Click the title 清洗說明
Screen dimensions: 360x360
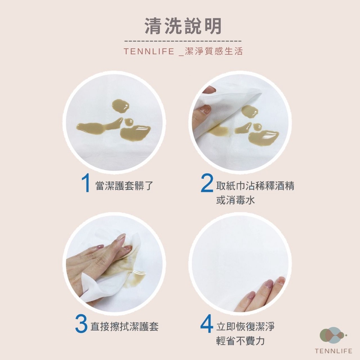pyautogui.click(x=183, y=26)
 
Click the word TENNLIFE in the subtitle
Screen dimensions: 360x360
pyautogui.click(x=149, y=51)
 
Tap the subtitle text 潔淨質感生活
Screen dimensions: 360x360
pyautogui.click(x=214, y=51)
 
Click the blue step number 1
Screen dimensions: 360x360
pyautogui.click(x=86, y=183)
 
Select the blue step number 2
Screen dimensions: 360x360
pyautogui.click(x=207, y=183)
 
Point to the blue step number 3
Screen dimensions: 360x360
pyautogui.click(x=81, y=324)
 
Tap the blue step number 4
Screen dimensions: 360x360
pyautogui.click(x=207, y=323)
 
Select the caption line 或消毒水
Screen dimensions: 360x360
pyautogui.click(x=235, y=200)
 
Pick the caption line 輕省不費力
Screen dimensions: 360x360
pyautogui.click(x=240, y=341)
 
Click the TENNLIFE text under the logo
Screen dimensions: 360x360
pyautogui.click(x=333, y=351)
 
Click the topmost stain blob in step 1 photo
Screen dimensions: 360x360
pyautogui.click(x=120, y=106)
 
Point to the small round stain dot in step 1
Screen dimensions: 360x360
pyautogui.click(x=129, y=122)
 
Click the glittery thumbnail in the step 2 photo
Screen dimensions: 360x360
pyautogui.click(x=205, y=110)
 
